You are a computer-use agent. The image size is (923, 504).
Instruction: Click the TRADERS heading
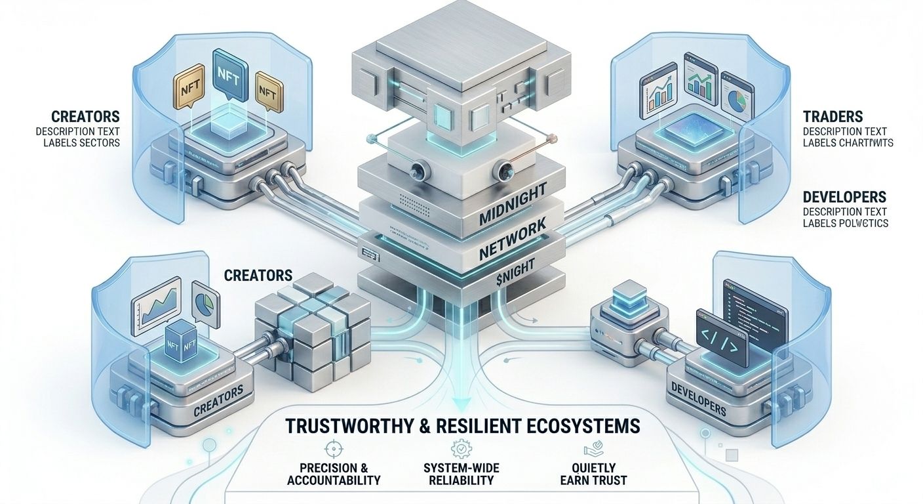(833, 117)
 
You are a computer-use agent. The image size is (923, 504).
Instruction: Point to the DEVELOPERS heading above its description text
(845, 197)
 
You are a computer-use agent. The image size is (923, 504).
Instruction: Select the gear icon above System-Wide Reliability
(457, 450)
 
